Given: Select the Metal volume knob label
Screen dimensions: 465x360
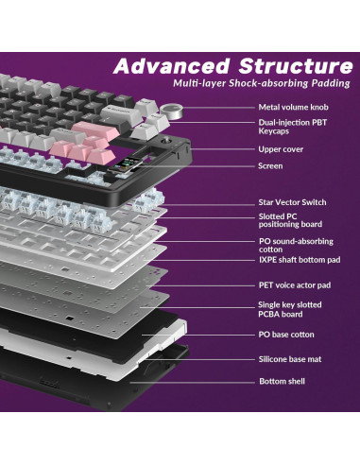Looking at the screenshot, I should pyautogui.click(x=294, y=108).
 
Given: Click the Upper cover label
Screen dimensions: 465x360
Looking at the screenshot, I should pyautogui.click(x=281, y=149).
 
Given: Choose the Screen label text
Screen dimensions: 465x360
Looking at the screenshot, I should pyautogui.click(x=270, y=165).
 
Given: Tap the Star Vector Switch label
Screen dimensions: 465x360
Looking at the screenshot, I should pyautogui.click(x=292, y=202).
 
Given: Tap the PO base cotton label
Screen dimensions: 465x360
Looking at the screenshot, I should pyautogui.click(x=286, y=335).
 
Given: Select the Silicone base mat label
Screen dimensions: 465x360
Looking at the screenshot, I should pyautogui.click(x=291, y=359).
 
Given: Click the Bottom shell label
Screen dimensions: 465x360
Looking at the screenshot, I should pyautogui.click(x=282, y=381).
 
